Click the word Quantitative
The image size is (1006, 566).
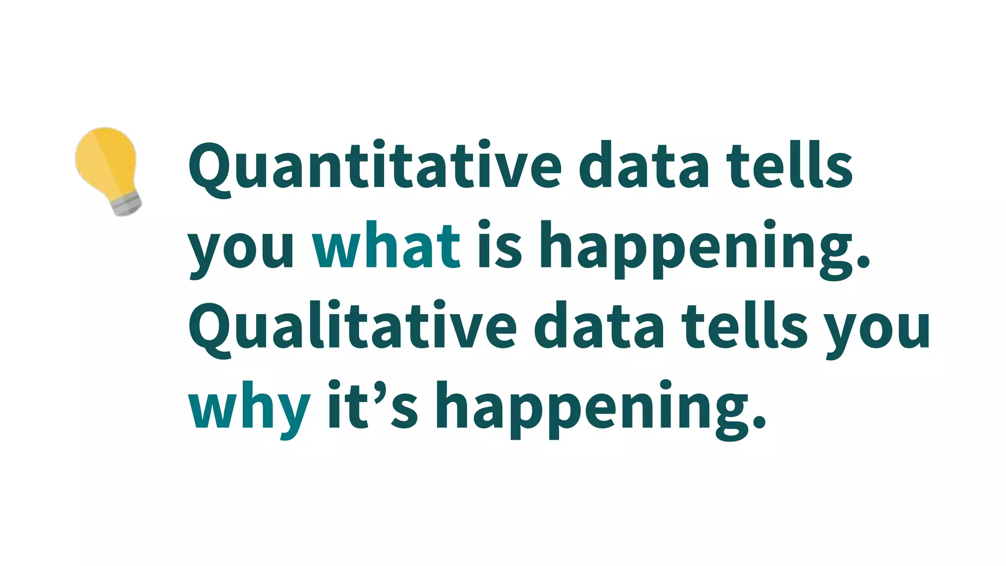[x=375, y=166]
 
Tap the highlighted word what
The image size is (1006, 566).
[x=387, y=246]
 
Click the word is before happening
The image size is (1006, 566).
[x=499, y=246]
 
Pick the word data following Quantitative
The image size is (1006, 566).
[x=644, y=166]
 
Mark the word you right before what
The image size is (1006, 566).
[x=241, y=250]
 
